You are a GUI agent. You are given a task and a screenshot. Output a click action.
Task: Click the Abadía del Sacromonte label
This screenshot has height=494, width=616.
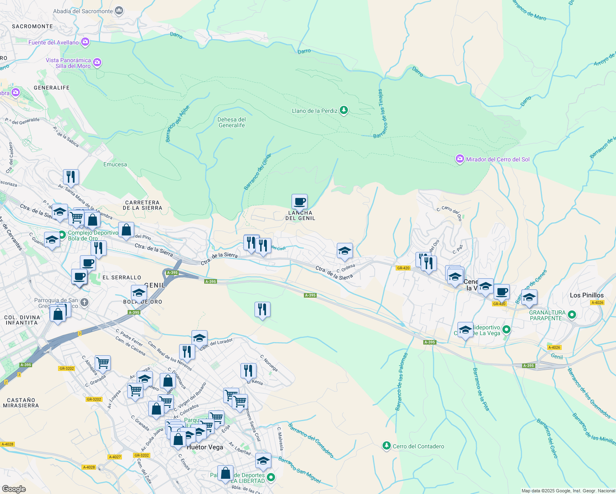83,11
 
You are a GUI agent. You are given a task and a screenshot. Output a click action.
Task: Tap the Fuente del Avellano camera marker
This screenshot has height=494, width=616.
85,42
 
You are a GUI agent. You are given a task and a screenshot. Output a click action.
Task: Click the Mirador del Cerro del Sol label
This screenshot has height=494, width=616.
497,159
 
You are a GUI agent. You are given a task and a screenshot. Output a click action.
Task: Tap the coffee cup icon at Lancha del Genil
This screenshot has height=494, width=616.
300,202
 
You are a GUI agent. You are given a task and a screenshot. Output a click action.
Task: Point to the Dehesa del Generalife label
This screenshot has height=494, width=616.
232,122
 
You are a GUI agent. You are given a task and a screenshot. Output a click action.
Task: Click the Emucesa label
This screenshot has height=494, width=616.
115,164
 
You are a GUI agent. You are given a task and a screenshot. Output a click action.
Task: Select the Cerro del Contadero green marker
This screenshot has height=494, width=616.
386,446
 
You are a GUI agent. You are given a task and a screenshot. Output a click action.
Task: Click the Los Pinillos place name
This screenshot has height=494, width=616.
586,295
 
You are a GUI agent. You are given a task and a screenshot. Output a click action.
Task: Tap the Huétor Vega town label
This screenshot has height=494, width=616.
205,447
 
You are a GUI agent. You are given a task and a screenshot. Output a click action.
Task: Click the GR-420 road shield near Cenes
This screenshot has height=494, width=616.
403,268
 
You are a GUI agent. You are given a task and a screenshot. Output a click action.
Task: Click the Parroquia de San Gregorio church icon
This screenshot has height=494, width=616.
84,303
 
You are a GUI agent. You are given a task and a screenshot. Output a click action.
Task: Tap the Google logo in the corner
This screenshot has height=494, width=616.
14,489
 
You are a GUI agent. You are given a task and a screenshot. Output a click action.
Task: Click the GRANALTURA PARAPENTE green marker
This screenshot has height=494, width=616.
572,315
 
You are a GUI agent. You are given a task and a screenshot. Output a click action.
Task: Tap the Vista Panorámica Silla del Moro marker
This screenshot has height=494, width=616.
97,63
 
